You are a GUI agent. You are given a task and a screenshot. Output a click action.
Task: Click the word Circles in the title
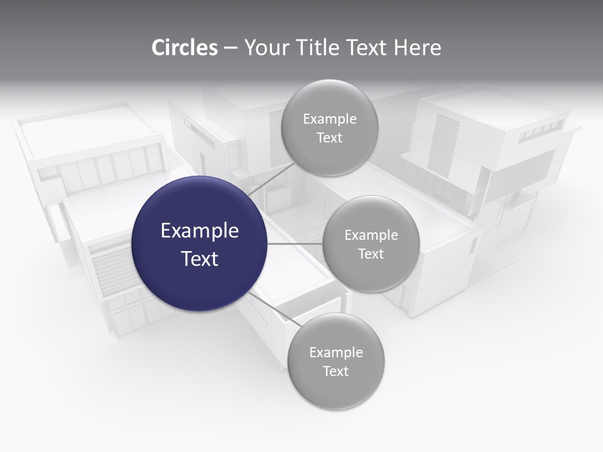point(184,48)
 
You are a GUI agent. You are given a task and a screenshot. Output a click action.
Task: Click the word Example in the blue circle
point(200,231)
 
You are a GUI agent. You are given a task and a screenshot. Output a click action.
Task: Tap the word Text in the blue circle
point(200,259)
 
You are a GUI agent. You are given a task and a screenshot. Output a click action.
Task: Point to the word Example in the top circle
point(330,119)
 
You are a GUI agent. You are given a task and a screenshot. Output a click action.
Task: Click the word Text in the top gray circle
point(330,138)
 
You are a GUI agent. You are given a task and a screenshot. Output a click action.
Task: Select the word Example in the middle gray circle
point(371,235)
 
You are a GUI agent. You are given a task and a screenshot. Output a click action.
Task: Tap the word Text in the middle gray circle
point(371,254)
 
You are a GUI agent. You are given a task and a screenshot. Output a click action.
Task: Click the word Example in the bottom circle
point(336,353)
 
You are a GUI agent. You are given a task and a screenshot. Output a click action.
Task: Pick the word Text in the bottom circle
point(336,372)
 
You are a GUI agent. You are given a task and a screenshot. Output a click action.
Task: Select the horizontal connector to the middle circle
point(295,244)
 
